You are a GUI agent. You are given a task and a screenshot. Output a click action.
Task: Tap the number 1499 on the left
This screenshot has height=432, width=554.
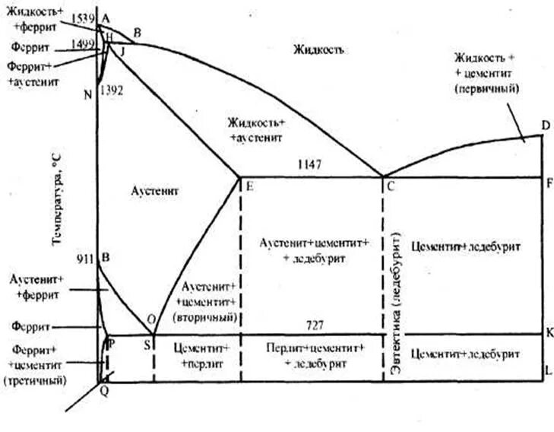click(x=84, y=44)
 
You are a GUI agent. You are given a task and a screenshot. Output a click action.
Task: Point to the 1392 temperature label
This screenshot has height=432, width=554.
click(x=112, y=90)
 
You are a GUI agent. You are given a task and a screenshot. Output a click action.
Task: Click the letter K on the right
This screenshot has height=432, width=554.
click(x=549, y=332)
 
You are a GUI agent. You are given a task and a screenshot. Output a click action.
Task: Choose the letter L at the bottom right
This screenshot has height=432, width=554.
click(x=549, y=371)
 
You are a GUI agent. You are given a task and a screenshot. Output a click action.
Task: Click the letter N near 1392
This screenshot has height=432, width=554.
click(x=88, y=94)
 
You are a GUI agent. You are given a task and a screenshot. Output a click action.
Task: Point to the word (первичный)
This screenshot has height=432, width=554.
click(x=486, y=89)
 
